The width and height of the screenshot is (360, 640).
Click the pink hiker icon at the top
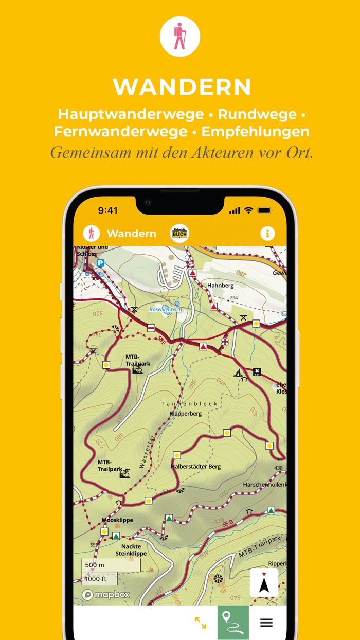tap(179, 37)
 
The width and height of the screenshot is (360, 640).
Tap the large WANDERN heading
tap(182, 87)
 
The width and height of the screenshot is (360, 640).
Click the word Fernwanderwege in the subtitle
tap(121, 131)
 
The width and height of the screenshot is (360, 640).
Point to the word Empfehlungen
tap(256, 131)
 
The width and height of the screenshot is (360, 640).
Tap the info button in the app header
tap(267, 234)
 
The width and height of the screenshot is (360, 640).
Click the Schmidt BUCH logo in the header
tap(179, 234)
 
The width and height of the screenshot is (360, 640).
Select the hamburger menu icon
tap(266, 623)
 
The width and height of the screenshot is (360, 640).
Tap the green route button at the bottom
tap(233, 622)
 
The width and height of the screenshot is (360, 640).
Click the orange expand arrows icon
tap(201, 623)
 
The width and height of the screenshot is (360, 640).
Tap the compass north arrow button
tap(264, 583)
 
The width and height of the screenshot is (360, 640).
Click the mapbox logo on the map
tap(106, 595)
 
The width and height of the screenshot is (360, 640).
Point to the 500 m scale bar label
tap(95, 565)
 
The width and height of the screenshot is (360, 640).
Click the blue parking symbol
tap(100, 263)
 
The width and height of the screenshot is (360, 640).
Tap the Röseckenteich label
tap(166, 309)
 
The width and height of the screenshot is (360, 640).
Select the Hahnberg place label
tap(220, 285)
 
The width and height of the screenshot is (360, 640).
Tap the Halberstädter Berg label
tap(195, 467)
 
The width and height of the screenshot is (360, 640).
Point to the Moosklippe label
tap(117, 520)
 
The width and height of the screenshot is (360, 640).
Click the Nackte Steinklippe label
tap(131, 550)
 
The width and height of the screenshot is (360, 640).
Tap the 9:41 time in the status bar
tap(107, 210)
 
